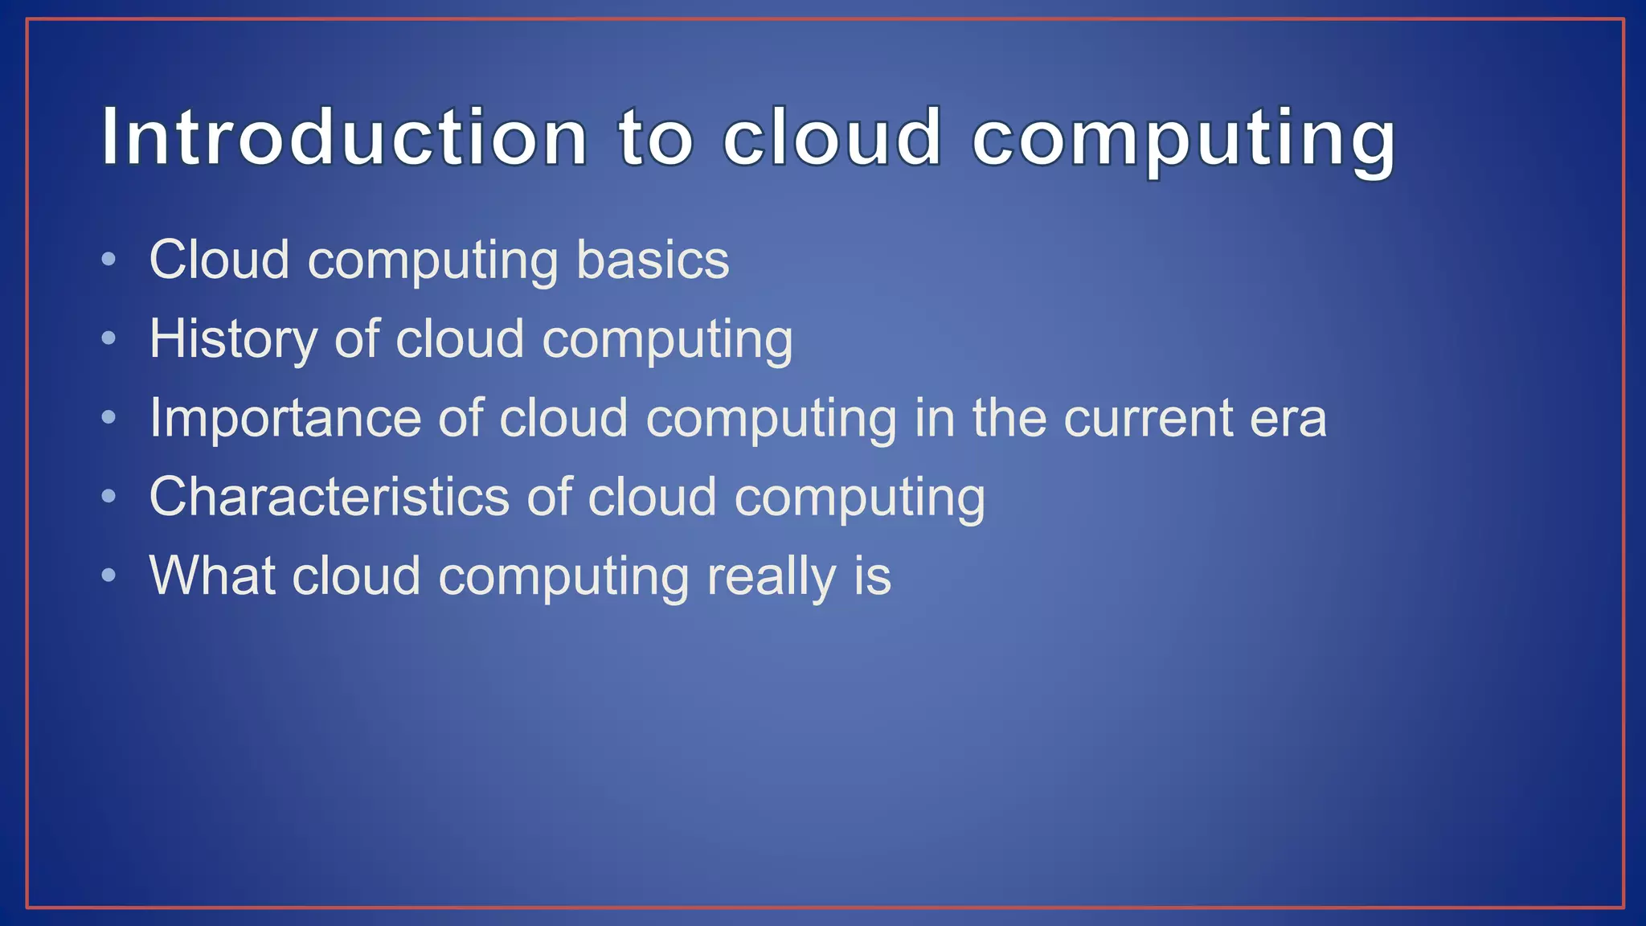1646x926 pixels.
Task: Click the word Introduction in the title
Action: pyautogui.click(x=344, y=137)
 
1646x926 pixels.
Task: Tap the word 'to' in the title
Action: pyautogui.click(x=655, y=137)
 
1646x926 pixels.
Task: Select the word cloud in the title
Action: pyautogui.click(x=832, y=137)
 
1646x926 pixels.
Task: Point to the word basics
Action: pyautogui.click(x=653, y=260)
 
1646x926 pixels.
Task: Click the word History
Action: pyautogui.click(x=233, y=339)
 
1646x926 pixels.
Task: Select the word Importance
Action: pyautogui.click(x=285, y=419)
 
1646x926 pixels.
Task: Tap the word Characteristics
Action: pyautogui.click(x=330, y=497)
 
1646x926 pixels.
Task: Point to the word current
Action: pyautogui.click(x=1148, y=419)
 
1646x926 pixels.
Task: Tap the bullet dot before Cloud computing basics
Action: pyautogui.click(x=109, y=260)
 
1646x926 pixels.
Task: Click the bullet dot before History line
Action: pyautogui.click(x=109, y=338)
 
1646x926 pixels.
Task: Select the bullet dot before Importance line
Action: pyautogui.click(x=109, y=417)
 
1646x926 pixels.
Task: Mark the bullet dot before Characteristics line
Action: pyautogui.click(x=109, y=496)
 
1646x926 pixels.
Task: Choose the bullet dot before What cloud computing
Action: pyautogui.click(x=109, y=575)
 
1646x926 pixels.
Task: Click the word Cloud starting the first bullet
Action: pyautogui.click(x=219, y=260)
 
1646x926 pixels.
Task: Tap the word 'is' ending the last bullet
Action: pyautogui.click(x=873, y=576)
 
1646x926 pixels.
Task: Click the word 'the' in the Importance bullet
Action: pyautogui.click(x=1009, y=419)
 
